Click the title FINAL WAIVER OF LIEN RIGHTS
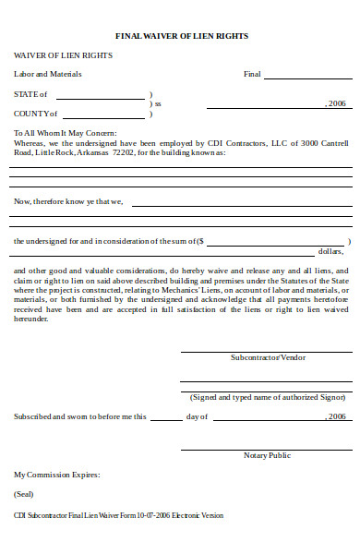(x=181, y=35)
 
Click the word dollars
(x=330, y=250)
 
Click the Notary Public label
(x=267, y=455)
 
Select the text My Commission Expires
(x=56, y=475)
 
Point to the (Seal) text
(x=24, y=495)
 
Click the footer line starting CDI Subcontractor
(x=118, y=515)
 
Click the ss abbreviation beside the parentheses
(x=158, y=104)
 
